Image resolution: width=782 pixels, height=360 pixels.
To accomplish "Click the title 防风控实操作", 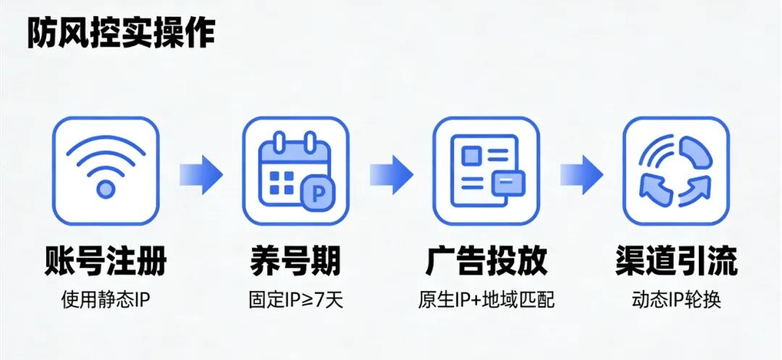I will [121, 33].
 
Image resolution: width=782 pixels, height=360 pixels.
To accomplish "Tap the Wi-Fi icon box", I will [106, 170].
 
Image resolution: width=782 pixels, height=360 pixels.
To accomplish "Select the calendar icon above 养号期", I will [295, 170].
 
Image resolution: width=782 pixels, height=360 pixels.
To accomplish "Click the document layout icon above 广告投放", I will [485, 170].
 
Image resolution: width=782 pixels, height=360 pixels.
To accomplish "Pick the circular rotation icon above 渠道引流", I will [676, 170].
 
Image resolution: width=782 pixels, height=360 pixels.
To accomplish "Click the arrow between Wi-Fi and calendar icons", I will [201, 174].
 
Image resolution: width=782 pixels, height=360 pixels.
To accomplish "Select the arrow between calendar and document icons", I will [391, 174].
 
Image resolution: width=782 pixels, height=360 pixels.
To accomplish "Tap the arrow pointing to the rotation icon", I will [581, 174].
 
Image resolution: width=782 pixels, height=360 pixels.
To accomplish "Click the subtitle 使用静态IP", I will [106, 299].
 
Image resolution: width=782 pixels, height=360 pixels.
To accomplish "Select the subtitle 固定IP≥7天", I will [295, 299].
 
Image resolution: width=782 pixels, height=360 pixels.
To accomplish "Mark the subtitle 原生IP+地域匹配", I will [485, 299].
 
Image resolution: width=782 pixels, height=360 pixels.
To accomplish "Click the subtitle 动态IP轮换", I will [676, 299].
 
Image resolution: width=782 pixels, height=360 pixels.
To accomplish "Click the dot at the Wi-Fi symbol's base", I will [106, 190].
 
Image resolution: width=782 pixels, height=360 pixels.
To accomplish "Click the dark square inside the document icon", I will [472, 155].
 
